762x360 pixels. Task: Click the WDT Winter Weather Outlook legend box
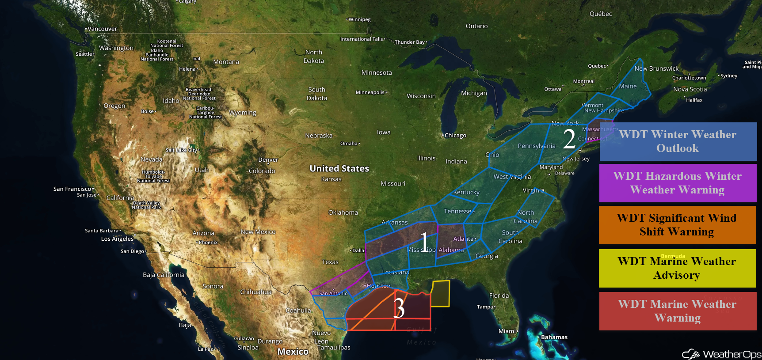point(678,141)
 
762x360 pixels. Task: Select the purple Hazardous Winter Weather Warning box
point(678,183)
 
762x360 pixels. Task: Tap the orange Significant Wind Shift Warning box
point(677,225)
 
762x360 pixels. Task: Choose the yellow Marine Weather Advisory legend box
point(677,268)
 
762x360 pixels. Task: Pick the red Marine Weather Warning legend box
point(677,311)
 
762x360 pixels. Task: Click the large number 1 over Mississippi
point(424,243)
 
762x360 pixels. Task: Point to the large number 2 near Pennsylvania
point(569,138)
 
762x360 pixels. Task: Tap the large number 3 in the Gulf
point(399,308)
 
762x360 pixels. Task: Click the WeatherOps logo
point(722,354)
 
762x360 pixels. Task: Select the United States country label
point(339,168)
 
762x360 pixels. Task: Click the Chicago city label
point(455,135)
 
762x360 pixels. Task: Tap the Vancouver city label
point(102,29)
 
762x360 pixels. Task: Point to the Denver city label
point(268,159)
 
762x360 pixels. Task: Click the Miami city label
point(508,331)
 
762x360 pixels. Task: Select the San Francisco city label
point(72,189)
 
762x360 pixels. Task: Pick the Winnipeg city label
point(359,19)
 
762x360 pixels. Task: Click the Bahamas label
point(554,337)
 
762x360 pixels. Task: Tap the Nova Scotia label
point(690,89)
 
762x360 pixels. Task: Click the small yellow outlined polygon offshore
point(440,293)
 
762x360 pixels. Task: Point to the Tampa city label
point(485,307)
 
